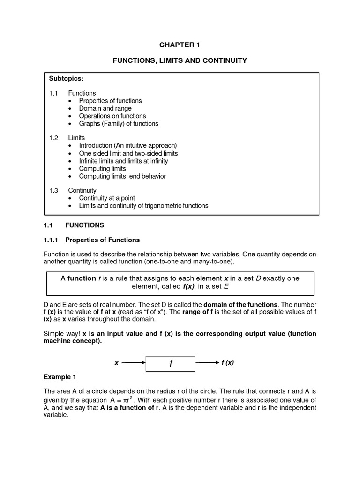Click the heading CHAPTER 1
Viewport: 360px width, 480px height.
pyautogui.click(x=179, y=45)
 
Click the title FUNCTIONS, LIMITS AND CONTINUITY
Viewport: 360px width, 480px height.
pyautogui.click(x=179, y=60)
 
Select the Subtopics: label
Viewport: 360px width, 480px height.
pyautogui.click(x=66, y=78)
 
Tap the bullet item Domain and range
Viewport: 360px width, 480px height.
pyautogui.click(x=105, y=108)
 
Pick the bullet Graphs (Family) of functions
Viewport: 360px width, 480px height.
pyautogui.click(x=119, y=124)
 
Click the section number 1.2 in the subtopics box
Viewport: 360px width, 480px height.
pyautogui.click(x=53, y=138)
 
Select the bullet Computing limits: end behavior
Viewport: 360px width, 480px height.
pyautogui.click(x=122, y=176)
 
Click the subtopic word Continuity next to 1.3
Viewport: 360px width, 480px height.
pyautogui.click(x=82, y=190)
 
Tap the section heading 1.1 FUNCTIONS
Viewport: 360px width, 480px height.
pyautogui.click(x=74, y=225)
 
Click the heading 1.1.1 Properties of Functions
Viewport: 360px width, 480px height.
pyautogui.click(x=91, y=240)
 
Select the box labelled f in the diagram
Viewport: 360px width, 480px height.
pyautogui.click(x=171, y=363)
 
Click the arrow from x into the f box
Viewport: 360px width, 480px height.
pyautogui.click(x=133, y=363)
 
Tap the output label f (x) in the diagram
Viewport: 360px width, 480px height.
pyautogui.click(x=228, y=363)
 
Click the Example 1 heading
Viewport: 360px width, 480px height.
pyautogui.click(x=60, y=377)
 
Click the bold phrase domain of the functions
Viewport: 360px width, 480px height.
pyautogui.click(x=239, y=304)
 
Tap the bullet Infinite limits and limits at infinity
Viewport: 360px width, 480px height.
pyautogui.click(x=123, y=161)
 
